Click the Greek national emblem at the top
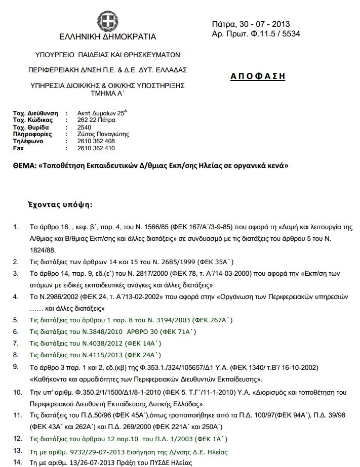pos(107,21)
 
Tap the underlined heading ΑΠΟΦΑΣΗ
pos(258,76)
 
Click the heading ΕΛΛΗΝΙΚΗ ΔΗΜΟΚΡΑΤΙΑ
pos(107,37)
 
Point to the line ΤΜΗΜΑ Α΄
pos(107,93)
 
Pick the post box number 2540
pos(85,127)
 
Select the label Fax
pos(18,148)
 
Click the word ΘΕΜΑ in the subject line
pos(24,165)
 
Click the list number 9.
pos(16,366)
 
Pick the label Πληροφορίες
pos(31,134)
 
